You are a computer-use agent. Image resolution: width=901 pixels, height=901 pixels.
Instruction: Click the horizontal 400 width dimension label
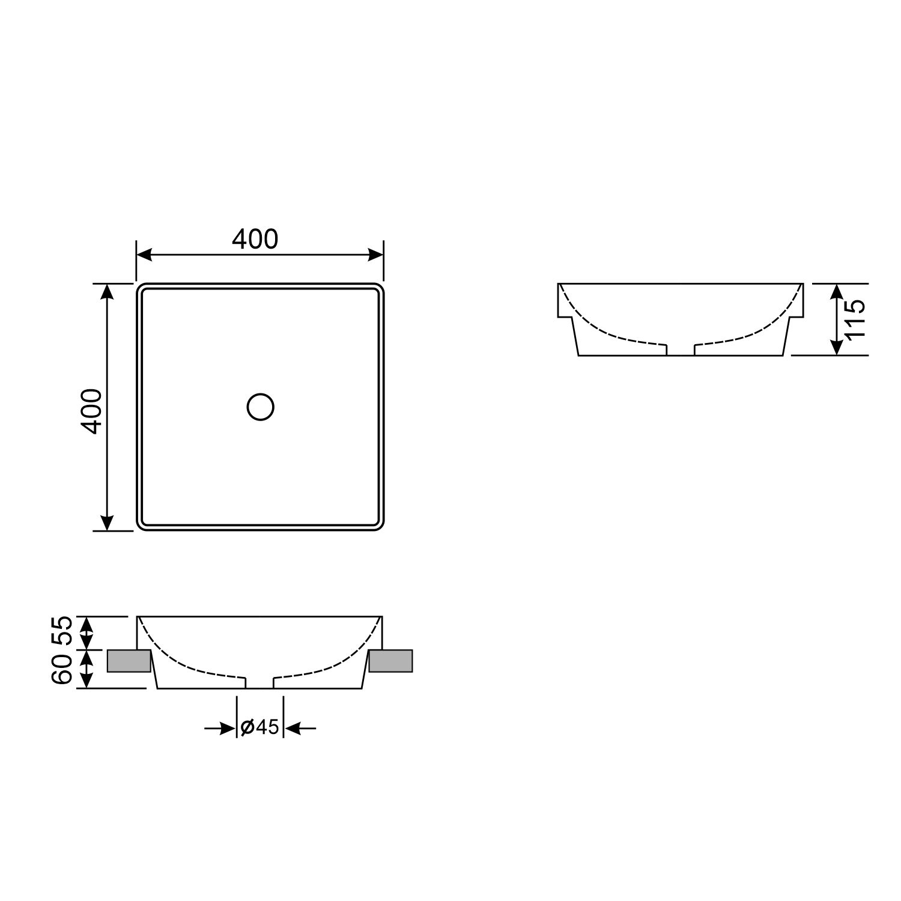[255, 240]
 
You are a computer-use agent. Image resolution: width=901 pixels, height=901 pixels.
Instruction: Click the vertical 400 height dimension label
[92, 411]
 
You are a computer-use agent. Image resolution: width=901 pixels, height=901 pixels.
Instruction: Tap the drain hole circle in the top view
[261, 407]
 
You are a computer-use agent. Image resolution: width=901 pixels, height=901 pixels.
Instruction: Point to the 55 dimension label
[63, 631]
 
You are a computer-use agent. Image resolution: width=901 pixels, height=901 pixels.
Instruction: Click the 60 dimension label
[63, 669]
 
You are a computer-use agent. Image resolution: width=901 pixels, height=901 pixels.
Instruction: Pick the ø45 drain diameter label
[259, 727]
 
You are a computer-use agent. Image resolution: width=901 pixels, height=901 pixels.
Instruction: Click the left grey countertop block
[129, 661]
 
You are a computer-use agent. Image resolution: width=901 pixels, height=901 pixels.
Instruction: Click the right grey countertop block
[391, 661]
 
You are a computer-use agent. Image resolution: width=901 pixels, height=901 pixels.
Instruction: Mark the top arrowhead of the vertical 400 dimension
[107, 291]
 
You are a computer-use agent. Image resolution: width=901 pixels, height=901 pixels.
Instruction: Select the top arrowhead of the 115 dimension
[836, 291]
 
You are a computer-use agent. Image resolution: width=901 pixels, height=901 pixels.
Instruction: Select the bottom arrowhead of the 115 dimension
[836, 347]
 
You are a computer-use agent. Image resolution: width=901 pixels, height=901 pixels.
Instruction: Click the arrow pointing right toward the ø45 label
[227, 729]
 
